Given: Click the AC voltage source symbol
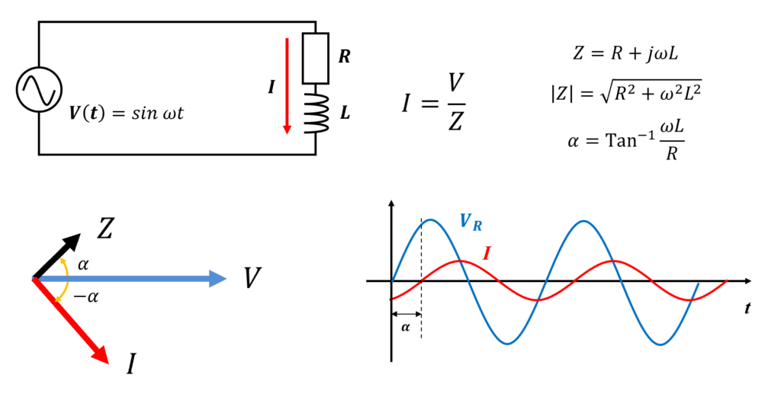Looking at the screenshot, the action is pos(39,90).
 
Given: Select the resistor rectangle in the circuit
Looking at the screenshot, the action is pos(315,58).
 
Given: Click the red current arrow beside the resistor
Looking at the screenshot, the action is pos(287,85).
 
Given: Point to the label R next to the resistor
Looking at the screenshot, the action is pos(344,56).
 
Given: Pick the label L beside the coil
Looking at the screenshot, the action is pos(345,114).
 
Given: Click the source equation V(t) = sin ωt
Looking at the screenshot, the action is pos(126,114).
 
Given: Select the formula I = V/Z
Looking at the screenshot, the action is pos(434,102).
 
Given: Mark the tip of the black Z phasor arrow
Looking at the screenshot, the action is pos(79,234).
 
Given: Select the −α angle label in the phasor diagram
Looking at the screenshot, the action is pos(86,297).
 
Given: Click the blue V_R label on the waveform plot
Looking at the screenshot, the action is pos(471,222).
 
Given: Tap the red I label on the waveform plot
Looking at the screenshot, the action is pos(487,254).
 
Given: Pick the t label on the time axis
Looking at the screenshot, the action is pos(747,309).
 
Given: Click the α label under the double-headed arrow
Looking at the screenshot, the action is pos(406,328).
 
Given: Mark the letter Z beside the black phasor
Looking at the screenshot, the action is pos(105,229).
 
